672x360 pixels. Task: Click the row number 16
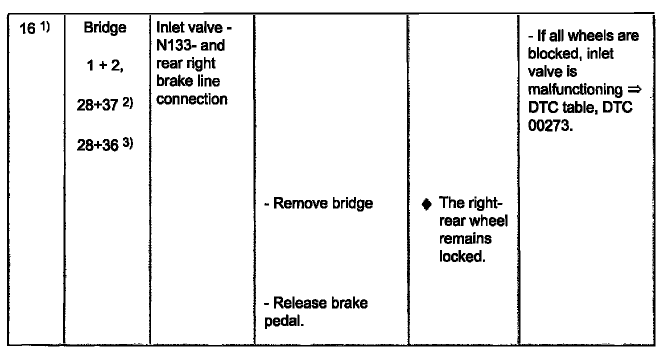click(x=27, y=29)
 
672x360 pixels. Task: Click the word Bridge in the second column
click(x=105, y=28)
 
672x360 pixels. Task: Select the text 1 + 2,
click(x=105, y=65)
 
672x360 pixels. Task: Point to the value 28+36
click(x=98, y=145)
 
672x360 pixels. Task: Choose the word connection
click(x=191, y=99)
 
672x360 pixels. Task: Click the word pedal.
click(x=284, y=321)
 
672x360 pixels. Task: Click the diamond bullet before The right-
click(x=426, y=204)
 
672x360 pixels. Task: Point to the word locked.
click(x=462, y=256)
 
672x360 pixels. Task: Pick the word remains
click(x=465, y=239)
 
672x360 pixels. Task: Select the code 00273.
click(x=550, y=125)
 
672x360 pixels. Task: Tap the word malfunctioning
click(x=575, y=89)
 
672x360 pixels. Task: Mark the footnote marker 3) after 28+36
click(x=128, y=143)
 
